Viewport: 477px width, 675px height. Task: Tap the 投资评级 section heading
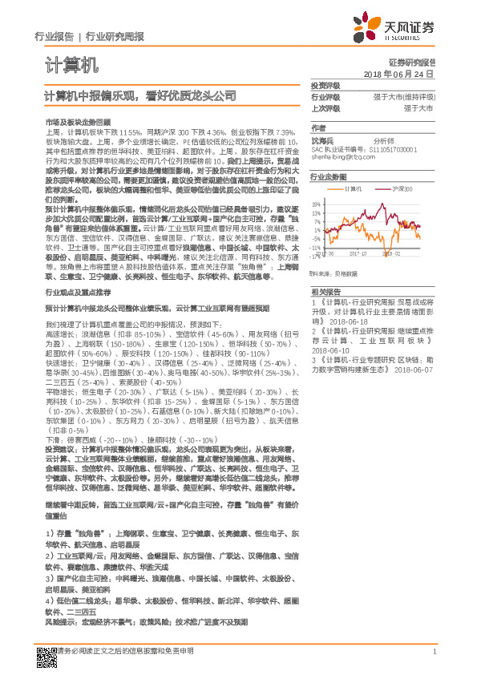[325, 85]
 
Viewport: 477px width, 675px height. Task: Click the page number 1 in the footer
[434, 652]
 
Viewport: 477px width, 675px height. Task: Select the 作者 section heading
[319, 128]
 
